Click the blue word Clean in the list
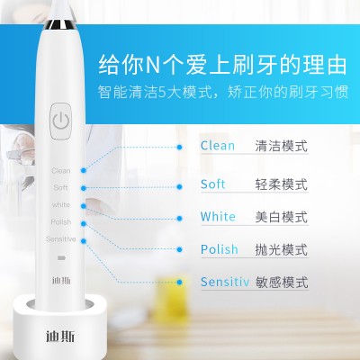coord(218,146)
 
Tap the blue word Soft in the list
coord(212,184)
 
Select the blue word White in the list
coord(218,216)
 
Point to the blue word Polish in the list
coord(220,249)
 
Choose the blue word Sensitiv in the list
coord(225,282)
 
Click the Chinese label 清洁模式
coord(282,146)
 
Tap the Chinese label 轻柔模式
coord(282,184)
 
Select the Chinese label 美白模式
coord(282,217)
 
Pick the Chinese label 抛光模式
coord(282,249)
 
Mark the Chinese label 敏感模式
coord(282,283)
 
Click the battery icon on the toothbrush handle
coord(61,257)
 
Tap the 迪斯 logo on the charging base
coord(60,337)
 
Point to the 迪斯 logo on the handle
coord(61,281)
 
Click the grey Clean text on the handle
coord(61,171)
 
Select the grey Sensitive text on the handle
coord(61,239)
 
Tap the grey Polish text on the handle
coord(61,222)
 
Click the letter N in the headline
coord(153,65)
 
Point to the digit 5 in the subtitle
coord(162,92)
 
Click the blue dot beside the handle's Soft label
coord(84,188)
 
